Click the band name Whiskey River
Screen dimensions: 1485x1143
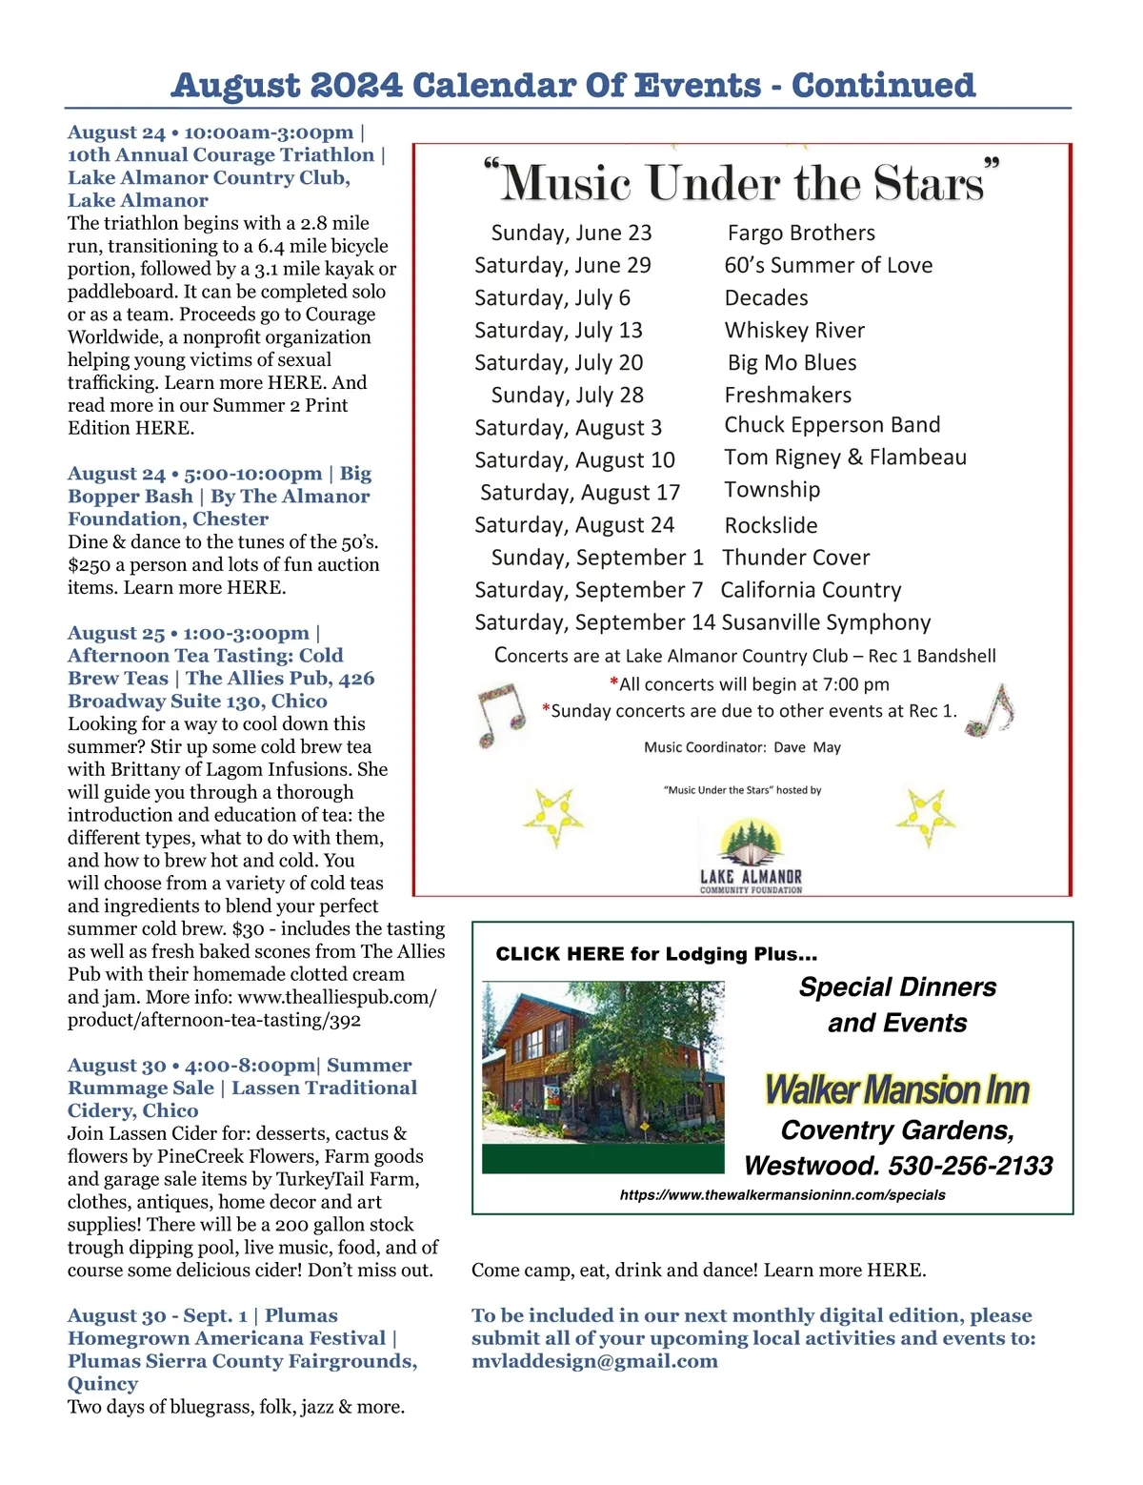coord(794,331)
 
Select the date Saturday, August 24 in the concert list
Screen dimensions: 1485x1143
coord(574,525)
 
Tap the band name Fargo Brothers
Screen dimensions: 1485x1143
coord(801,234)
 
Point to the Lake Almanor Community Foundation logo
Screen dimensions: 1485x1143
coord(752,857)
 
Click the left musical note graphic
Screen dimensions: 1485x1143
coord(500,715)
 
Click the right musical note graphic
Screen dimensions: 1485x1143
coord(996,710)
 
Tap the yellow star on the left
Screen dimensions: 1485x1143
coord(552,817)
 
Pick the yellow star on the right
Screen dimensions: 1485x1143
coord(924,817)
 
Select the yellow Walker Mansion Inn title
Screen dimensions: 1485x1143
coord(897,1089)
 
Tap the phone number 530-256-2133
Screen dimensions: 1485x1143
coord(971,1166)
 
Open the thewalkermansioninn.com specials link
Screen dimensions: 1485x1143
coord(782,1195)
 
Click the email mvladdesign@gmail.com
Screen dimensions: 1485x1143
coord(594,1361)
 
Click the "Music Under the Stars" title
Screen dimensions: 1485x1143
coord(742,182)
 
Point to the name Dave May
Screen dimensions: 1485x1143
coord(807,747)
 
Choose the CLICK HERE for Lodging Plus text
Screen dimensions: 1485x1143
coord(656,954)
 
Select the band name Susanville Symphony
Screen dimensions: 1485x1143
coord(826,622)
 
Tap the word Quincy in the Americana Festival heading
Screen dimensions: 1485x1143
coord(103,1384)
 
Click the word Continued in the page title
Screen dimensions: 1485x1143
coord(883,85)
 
